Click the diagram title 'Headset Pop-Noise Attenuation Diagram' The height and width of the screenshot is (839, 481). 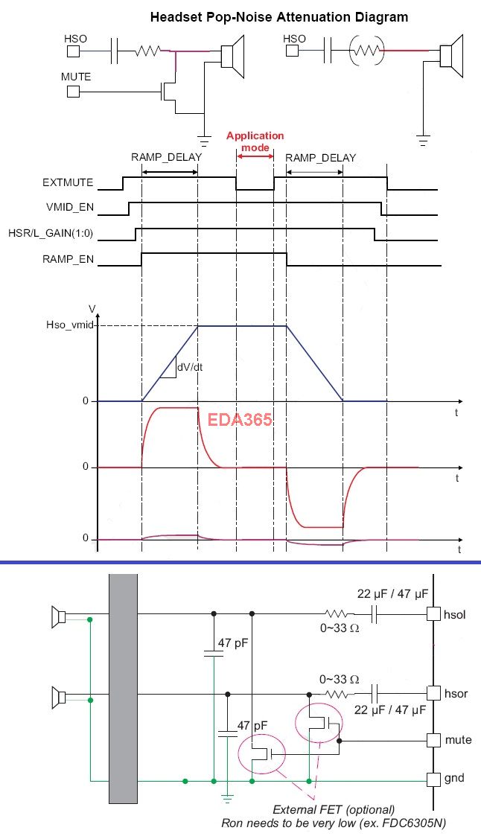point(278,17)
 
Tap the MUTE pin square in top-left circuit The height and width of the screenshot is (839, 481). point(73,92)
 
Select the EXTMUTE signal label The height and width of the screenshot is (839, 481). point(68,182)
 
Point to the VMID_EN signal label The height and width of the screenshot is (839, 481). point(70,208)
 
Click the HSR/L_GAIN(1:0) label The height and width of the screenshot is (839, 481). point(51,233)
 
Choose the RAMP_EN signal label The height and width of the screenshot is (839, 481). point(68,260)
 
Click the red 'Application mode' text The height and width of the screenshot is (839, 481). point(255,141)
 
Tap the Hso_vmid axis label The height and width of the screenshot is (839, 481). point(69,325)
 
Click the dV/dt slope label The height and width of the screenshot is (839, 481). point(190,367)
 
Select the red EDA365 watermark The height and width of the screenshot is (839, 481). point(240,419)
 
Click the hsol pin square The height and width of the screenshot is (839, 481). point(433,614)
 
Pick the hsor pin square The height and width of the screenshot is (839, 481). point(433,694)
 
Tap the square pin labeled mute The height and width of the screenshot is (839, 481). point(433,740)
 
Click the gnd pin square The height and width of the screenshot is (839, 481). point(433,779)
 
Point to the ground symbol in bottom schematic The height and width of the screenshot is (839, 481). point(227,798)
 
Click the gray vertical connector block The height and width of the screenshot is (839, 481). point(123,689)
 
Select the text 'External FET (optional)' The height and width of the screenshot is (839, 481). point(334,809)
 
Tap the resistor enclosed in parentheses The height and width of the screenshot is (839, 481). point(367,51)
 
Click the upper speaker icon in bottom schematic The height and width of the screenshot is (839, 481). point(58,617)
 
